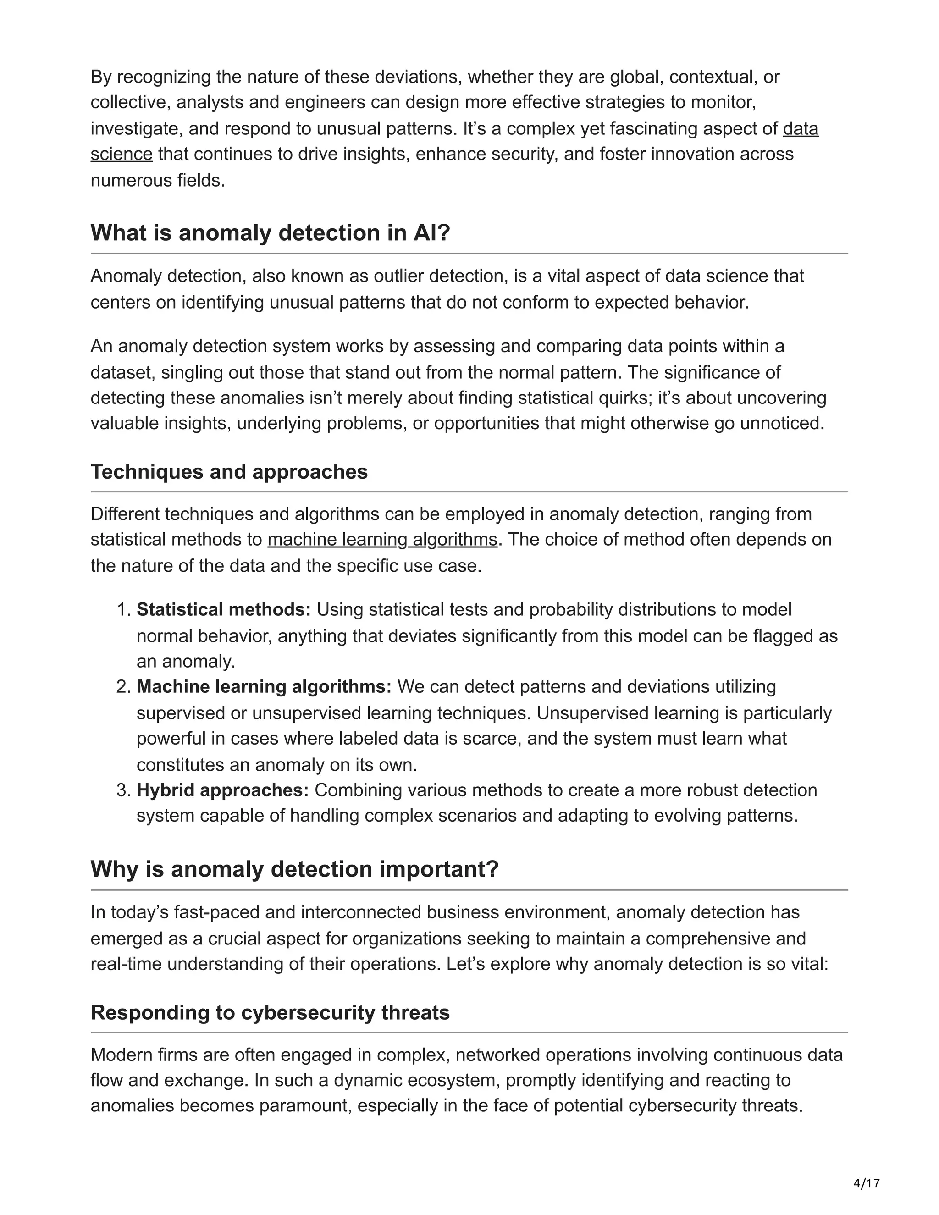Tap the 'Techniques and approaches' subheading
click(x=229, y=472)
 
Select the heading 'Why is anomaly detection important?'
click(x=294, y=869)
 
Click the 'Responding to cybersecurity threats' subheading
click(x=270, y=1012)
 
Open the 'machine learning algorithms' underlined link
click(x=382, y=540)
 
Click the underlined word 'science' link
click(x=121, y=154)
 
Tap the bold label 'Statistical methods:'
click(x=224, y=610)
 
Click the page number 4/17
click(x=866, y=1183)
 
